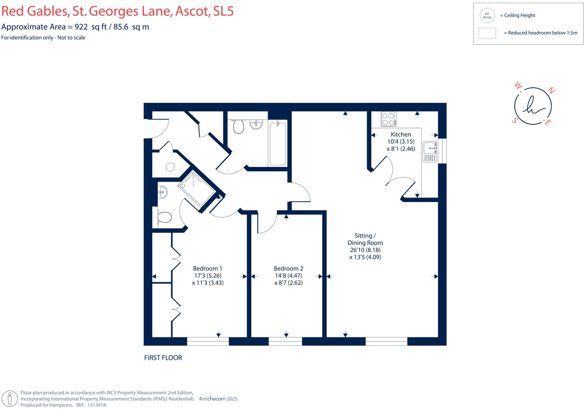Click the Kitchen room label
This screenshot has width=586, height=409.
(x=401, y=134)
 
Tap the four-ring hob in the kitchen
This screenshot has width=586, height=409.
(x=388, y=119)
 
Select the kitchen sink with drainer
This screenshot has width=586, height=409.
(x=429, y=151)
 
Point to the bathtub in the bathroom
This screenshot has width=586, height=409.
(x=278, y=143)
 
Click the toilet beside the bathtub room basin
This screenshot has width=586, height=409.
(x=238, y=127)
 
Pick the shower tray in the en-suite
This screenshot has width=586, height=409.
(x=197, y=189)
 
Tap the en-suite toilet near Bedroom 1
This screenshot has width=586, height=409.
(x=164, y=218)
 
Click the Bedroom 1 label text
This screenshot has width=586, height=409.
(x=207, y=268)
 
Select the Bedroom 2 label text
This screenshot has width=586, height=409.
(x=288, y=268)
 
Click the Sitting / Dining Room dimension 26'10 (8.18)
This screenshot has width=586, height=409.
(x=365, y=250)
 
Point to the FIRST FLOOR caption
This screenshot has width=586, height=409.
(x=163, y=358)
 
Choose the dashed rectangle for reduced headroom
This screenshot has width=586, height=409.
(x=487, y=33)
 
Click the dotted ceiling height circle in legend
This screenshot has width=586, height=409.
(x=487, y=15)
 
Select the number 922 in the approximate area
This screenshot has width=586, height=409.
(x=81, y=27)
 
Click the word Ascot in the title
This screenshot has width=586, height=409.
(x=192, y=11)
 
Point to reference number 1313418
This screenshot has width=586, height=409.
(x=96, y=405)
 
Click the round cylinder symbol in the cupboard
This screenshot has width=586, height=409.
(x=170, y=167)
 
